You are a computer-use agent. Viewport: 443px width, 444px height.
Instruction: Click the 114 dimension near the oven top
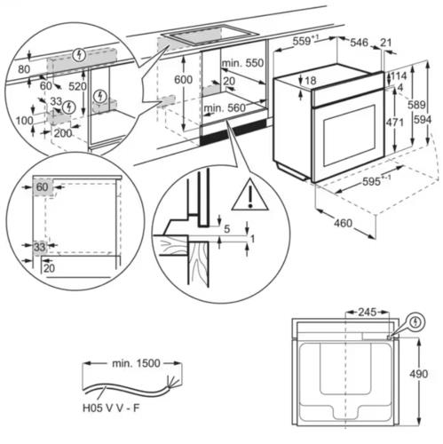point(398,75)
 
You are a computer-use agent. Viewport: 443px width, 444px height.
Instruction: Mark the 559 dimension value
point(305,40)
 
